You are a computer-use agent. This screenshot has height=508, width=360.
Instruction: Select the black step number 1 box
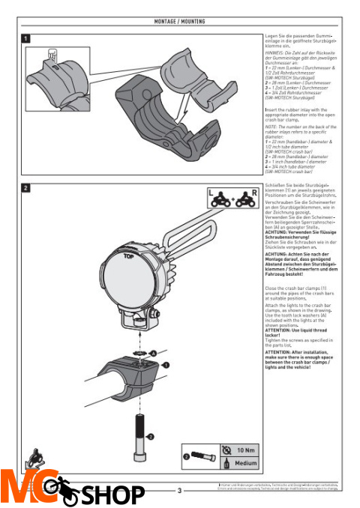tap(26, 37)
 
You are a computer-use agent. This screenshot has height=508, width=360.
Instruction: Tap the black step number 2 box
tap(26, 187)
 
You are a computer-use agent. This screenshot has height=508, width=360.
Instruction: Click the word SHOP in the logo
tap(112, 495)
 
